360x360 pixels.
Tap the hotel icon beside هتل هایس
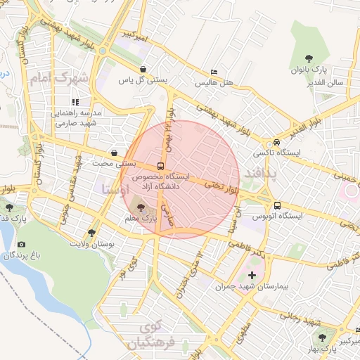point(214,72)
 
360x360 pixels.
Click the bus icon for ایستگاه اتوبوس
point(277,205)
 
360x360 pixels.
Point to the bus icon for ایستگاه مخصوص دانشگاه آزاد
point(162,167)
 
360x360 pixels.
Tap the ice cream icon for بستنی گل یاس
point(144,69)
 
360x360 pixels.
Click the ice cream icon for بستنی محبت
point(114,153)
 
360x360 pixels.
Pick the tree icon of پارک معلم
point(141,207)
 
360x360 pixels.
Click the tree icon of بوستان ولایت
point(91,233)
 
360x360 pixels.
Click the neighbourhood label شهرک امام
point(59,78)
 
